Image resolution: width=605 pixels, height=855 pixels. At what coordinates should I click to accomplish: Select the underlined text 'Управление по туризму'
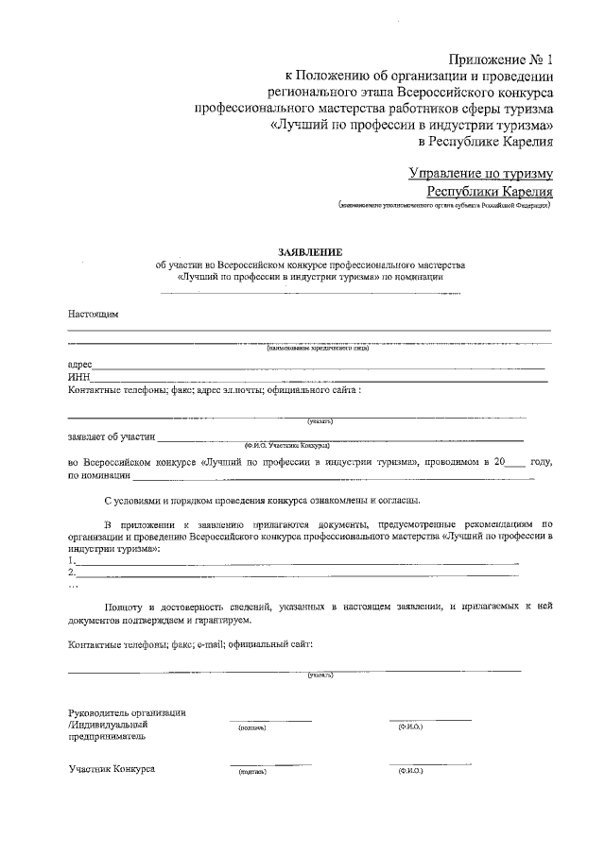pos(480,173)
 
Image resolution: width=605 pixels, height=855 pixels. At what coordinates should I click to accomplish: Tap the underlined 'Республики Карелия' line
pos(490,191)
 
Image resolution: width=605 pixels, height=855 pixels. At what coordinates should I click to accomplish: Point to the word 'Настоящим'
pos(93,313)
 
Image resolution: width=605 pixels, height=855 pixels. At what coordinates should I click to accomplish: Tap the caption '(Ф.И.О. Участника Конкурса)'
pos(286,444)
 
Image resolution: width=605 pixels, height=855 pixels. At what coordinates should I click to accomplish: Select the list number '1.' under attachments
pos(72,560)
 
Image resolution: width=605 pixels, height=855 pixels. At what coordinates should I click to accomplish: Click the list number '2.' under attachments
pos(72,573)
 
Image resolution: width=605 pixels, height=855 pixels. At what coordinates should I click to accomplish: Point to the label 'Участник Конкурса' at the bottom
pos(112,768)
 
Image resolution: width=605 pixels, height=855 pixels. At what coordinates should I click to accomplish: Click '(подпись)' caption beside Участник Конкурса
pos(251,773)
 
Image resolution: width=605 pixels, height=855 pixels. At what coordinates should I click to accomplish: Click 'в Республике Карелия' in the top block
pos(485,142)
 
